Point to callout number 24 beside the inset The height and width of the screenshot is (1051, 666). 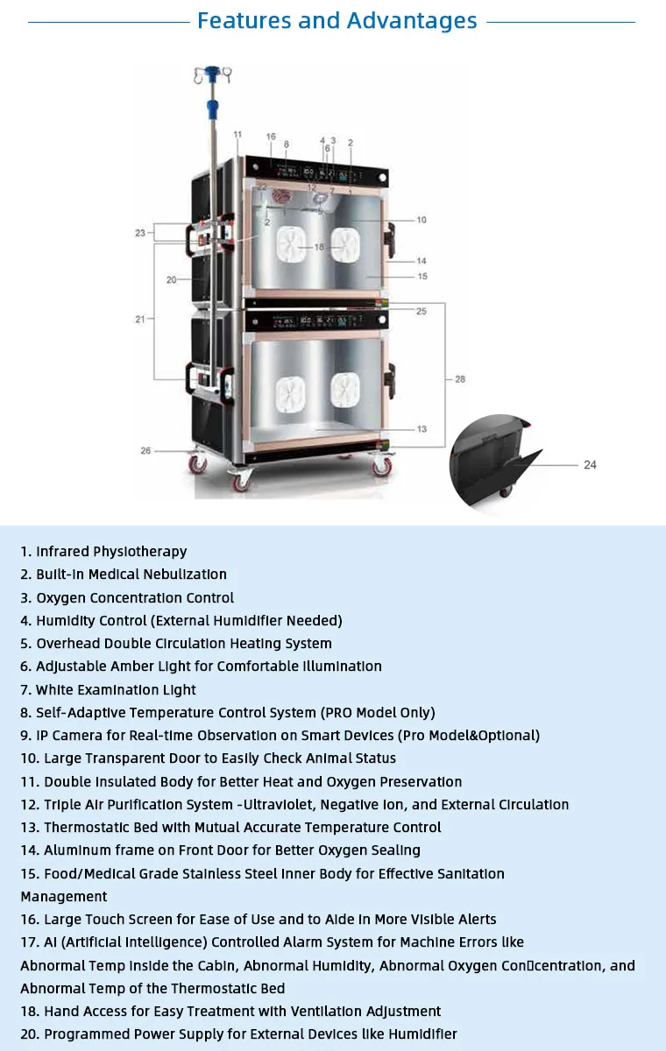point(590,465)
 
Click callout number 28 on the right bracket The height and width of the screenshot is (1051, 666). point(460,379)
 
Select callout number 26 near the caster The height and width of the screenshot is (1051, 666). point(145,451)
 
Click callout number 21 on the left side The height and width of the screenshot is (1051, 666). point(140,320)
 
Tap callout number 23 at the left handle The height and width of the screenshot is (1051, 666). point(139,233)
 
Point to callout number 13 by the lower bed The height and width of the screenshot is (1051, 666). point(422,429)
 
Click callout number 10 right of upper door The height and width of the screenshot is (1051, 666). point(422,220)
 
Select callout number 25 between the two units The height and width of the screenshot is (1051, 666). point(422,311)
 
